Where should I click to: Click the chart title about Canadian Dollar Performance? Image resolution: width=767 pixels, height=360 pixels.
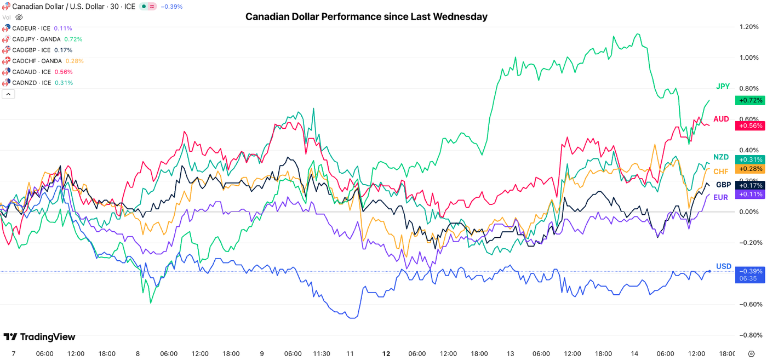tap(366, 16)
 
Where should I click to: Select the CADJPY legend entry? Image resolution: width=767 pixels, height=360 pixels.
tap(36, 39)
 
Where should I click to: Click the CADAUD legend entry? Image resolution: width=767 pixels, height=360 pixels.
tap(31, 72)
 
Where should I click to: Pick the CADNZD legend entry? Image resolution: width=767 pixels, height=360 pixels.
tap(31, 83)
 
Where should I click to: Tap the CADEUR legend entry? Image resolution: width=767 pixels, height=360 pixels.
tap(31, 28)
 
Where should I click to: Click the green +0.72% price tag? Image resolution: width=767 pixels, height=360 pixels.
tap(750, 100)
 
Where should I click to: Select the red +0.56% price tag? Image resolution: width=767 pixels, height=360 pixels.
tap(750, 125)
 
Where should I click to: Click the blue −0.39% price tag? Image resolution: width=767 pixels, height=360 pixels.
tap(750, 271)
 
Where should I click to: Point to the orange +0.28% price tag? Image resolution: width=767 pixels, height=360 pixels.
tap(750, 169)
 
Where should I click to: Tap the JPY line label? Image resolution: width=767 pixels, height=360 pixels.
tap(723, 87)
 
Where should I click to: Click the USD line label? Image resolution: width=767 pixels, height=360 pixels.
tap(723, 266)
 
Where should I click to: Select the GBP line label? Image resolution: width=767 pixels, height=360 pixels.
tap(723, 185)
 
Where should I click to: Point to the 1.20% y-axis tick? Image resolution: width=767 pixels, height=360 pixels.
tap(749, 27)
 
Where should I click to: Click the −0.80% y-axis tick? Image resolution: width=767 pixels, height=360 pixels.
tap(749, 335)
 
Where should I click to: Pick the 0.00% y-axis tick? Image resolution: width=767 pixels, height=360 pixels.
tap(749, 212)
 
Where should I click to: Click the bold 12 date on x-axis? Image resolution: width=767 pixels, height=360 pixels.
tap(386, 353)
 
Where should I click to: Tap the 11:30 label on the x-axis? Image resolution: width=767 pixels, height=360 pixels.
tap(321, 353)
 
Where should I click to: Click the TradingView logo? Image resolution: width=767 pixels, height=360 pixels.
tap(39, 337)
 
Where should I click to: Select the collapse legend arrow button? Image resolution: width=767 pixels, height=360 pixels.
tap(8, 94)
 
